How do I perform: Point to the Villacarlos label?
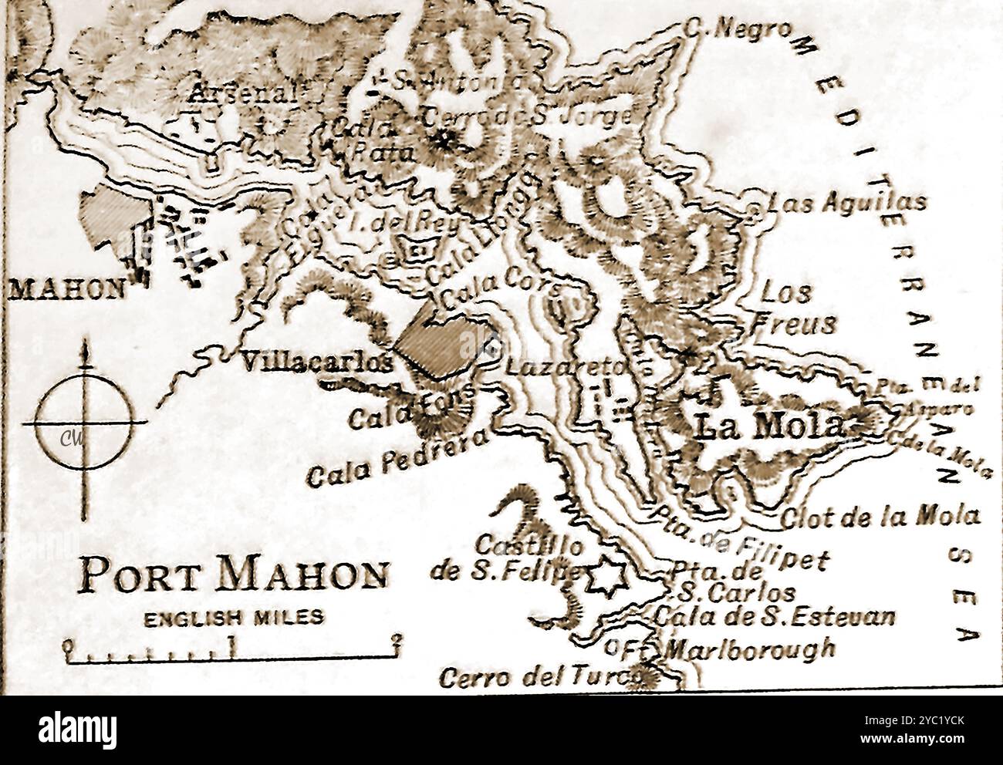(315, 361)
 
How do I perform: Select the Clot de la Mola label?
(880, 516)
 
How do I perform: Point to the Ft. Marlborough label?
(741, 648)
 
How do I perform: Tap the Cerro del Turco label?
(540, 676)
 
